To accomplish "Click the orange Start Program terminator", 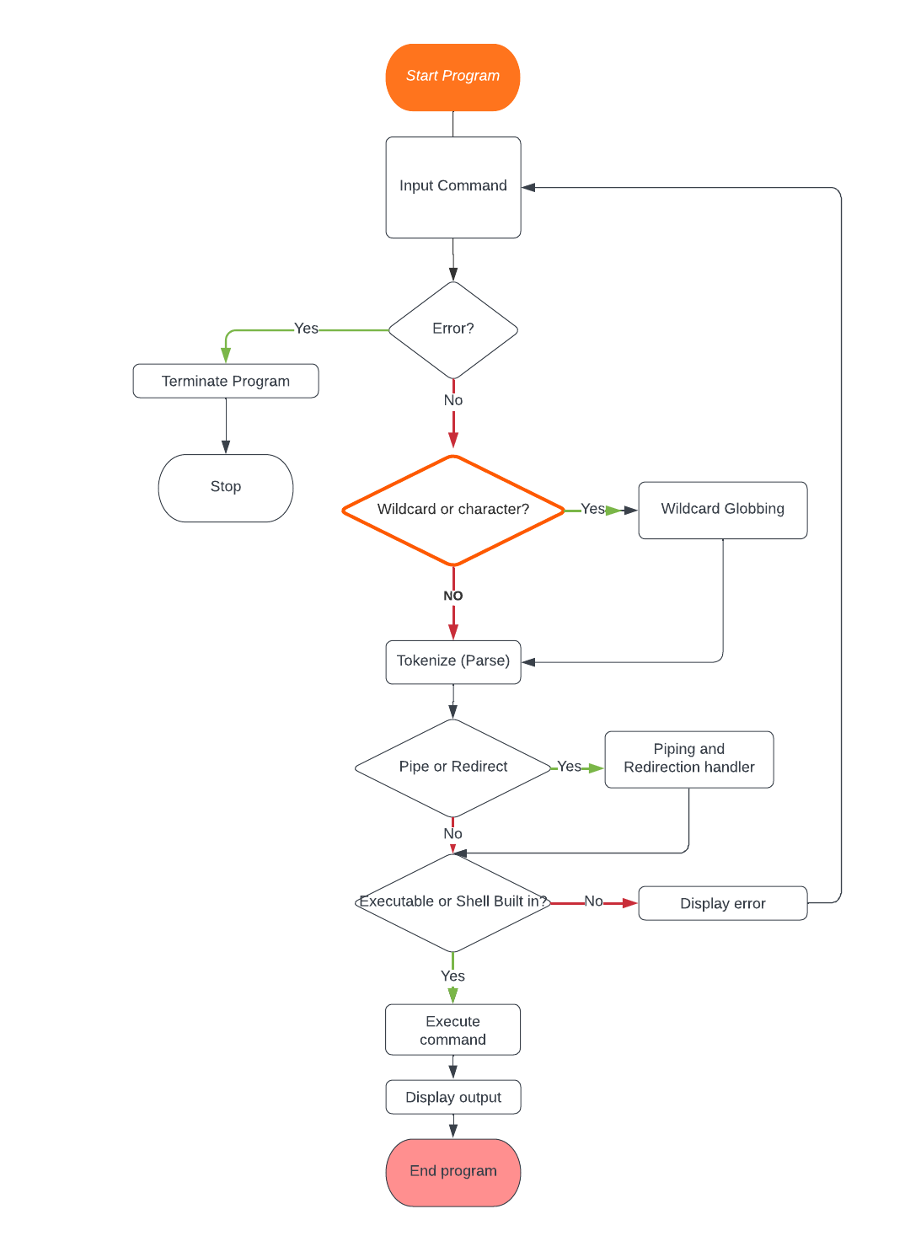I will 452,77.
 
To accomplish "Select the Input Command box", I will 452,187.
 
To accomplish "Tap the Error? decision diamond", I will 452,329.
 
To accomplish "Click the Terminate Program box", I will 225,381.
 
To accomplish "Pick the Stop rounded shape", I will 225,487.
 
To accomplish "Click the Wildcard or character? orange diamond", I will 452,510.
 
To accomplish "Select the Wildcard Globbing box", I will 722,510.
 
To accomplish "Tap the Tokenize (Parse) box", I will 452,661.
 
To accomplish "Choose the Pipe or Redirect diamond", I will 452,767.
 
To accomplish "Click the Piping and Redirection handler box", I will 688,759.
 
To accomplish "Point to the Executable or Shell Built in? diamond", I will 452,901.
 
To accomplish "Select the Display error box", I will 722,903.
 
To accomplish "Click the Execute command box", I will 452,1030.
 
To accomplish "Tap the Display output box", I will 452,1097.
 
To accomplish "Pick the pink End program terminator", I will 452,1172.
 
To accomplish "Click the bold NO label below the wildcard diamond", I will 452,596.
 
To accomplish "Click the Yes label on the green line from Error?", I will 306,329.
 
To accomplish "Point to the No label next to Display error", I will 593,901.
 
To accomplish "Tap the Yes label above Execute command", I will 452,976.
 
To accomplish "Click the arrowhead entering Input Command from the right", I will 528,187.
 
